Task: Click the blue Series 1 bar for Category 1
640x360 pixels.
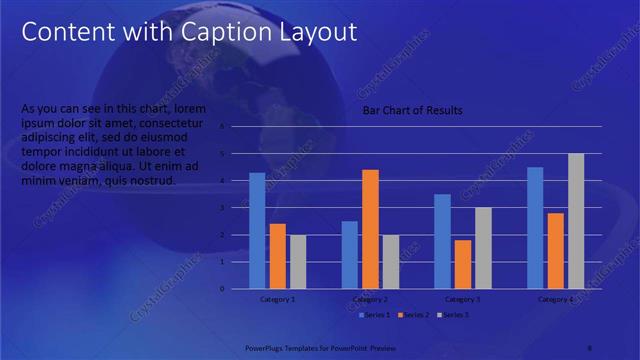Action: [257, 230]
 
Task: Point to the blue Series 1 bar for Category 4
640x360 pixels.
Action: [535, 227]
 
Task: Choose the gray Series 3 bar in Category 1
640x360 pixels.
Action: [298, 261]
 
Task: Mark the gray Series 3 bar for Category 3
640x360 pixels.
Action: [483, 247]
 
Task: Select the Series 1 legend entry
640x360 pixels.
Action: [375, 315]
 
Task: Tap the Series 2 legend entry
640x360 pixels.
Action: [416, 315]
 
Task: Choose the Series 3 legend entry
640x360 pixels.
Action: [455, 315]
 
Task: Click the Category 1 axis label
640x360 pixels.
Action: [277, 299]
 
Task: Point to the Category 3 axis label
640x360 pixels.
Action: [463, 299]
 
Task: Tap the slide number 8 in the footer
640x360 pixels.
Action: [590, 348]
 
